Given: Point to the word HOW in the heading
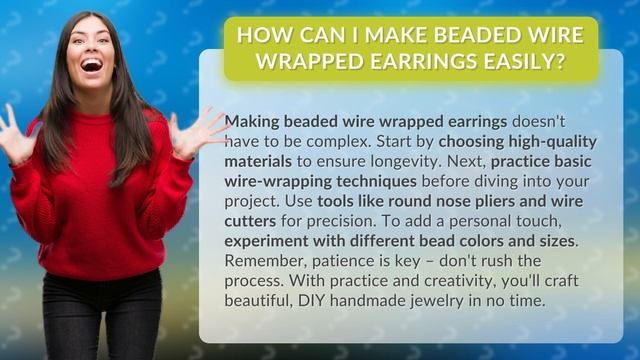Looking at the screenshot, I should (x=264, y=36).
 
